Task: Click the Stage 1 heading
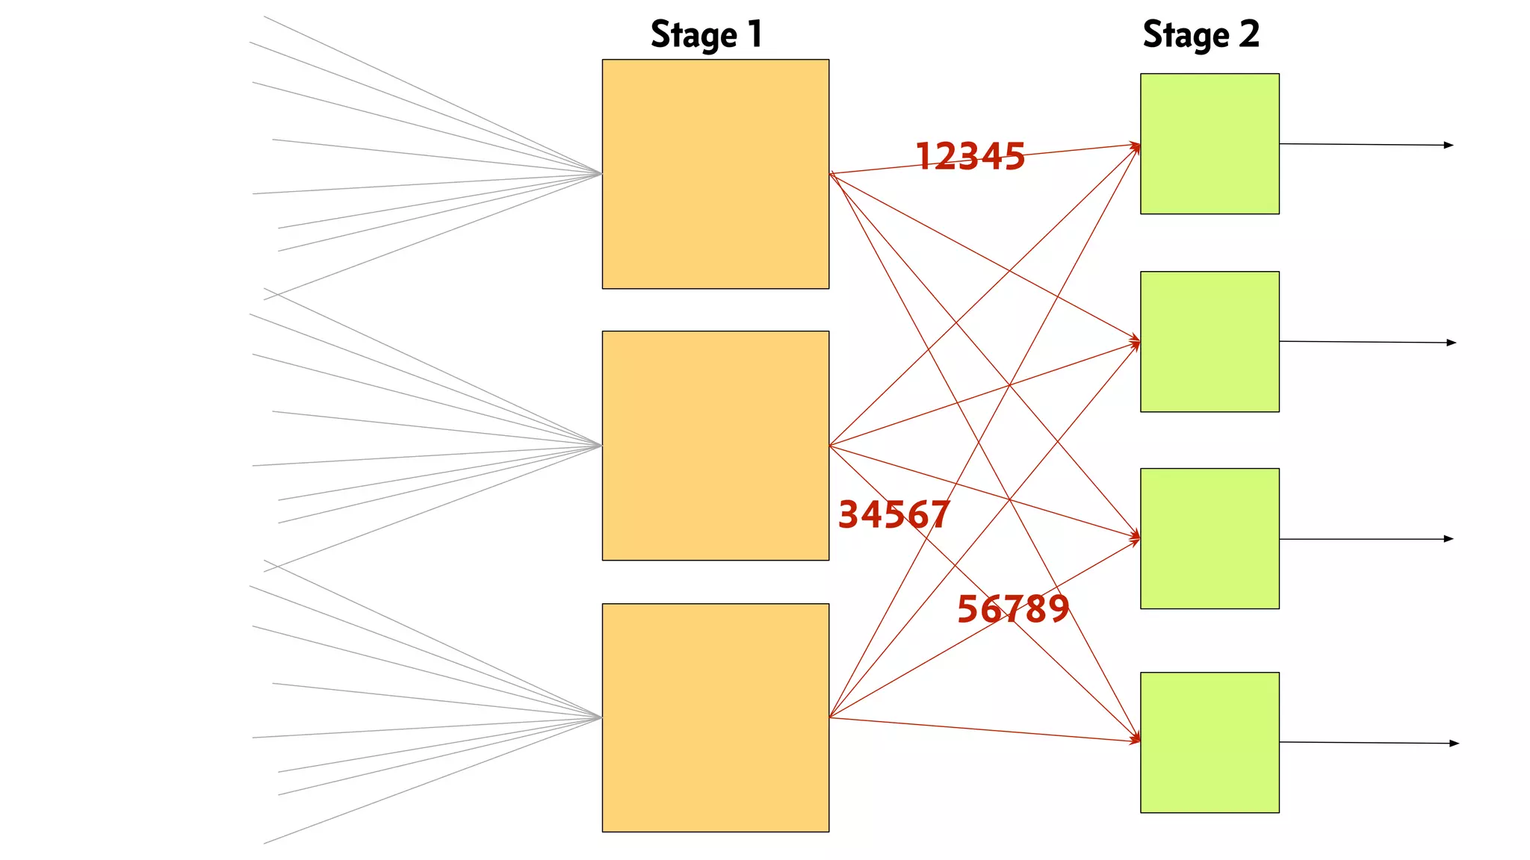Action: [x=706, y=35]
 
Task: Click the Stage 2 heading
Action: [x=1201, y=35]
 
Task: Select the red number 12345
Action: [x=970, y=157]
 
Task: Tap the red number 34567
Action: [x=893, y=515]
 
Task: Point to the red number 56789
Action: [x=1013, y=609]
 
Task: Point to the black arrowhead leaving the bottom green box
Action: [x=1454, y=744]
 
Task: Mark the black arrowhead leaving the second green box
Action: [x=1451, y=343]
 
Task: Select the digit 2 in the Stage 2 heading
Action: [x=1249, y=34]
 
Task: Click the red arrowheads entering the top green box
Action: [x=1136, y=146]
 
